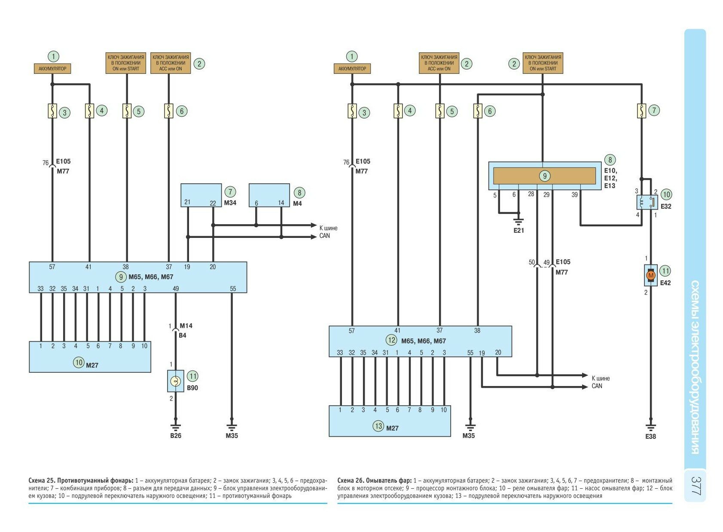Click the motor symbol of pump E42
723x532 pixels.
point(651,275)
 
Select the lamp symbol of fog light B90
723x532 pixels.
point(175,381)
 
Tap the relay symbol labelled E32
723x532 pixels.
point(647,202)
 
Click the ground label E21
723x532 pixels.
point(519,231)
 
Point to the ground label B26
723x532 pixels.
point(176,435)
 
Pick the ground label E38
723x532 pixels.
point(650,436)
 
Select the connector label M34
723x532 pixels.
point(230,203)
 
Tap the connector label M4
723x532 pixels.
point(297,203)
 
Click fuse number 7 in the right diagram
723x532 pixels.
point(641,111)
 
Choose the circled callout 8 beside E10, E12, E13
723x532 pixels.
point(610,160)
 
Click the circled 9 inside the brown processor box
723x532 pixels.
point(544,176)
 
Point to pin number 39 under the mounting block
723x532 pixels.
point(575,195)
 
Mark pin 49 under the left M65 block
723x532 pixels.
point(175,289)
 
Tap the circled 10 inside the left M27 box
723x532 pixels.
point(79,362)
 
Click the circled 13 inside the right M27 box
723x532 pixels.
point(378,426)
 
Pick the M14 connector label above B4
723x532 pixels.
point(186,326)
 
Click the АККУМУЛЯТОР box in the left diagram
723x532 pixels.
point(52,69)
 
